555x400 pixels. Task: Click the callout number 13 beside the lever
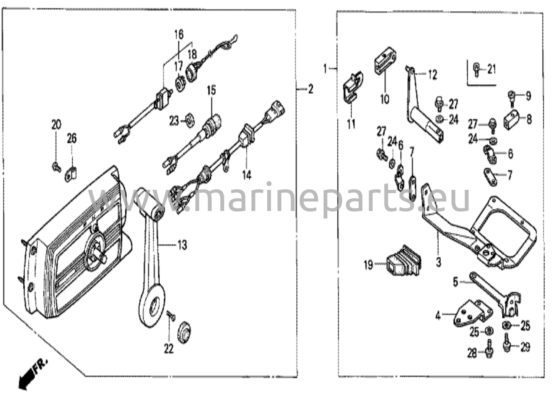pos(182,246)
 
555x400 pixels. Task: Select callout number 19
pos(369,265)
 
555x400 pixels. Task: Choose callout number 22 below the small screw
pos(169,349)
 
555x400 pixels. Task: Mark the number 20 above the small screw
pos(56,125)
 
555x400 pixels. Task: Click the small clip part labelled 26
pos(71,173)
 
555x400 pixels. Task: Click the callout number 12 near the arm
pos(433,75)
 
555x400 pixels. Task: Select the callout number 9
pos(528,96)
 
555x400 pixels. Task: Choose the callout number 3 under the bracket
pos(438,262)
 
